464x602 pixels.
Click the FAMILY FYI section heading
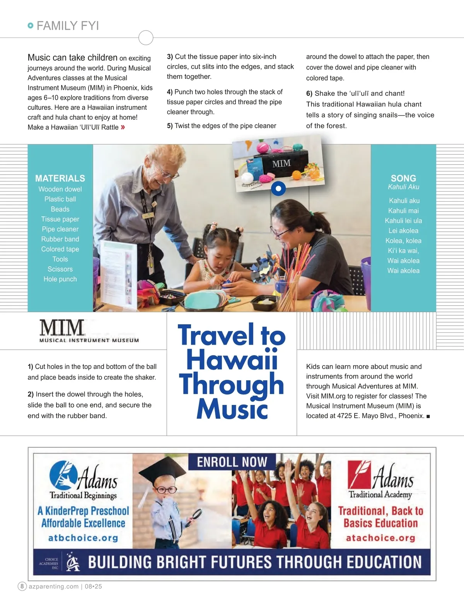point(68,26)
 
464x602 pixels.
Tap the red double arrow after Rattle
point(123,127)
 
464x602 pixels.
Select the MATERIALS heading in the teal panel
point(60,178)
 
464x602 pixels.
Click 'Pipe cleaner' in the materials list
point(60,229)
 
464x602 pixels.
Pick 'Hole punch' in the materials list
point(60,279)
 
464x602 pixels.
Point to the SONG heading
point(403,178)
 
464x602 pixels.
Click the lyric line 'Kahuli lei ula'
point(403,221)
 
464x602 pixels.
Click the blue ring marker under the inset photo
point(278,189)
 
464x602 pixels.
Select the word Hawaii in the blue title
point(232,359)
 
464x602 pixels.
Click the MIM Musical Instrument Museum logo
point(89,331)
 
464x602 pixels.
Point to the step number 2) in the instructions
point(31,394)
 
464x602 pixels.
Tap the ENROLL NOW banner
point(232,462)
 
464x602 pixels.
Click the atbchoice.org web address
point(83,538)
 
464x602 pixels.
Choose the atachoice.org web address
point(380,538)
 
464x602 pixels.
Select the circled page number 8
point(22,586)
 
